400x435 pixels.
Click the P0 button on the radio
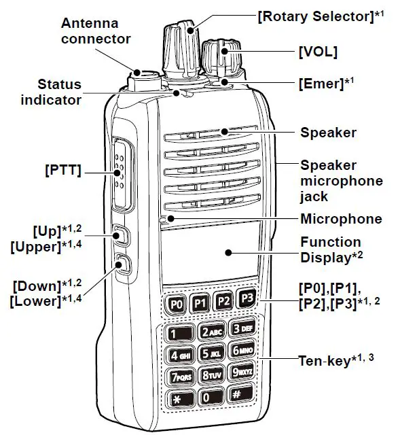point(177,304)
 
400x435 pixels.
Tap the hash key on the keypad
point(242,392)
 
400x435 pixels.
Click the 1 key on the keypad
point(177,334)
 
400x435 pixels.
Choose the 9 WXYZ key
point(244,371)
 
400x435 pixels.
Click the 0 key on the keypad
point(209,396)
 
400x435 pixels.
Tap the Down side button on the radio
point(123,263)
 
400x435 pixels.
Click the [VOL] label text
point(317,52)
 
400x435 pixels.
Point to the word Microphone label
point(341,219)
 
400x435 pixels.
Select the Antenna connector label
point(95,31)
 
